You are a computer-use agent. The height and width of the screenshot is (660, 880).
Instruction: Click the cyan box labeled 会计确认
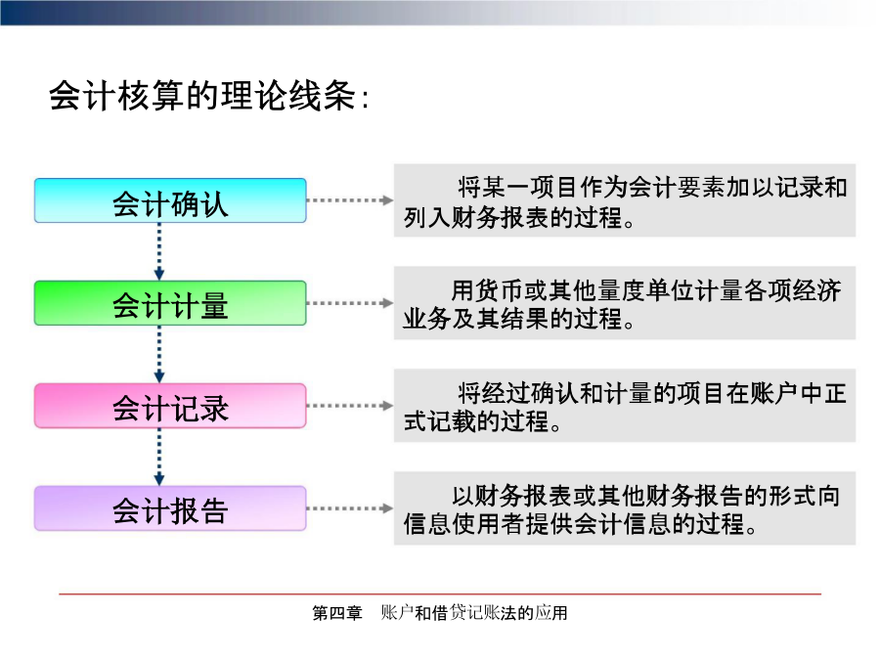[170, 200]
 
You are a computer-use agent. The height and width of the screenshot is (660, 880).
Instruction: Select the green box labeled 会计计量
[170, 303]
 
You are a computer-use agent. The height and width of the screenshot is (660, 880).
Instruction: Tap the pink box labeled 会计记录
[170, 406]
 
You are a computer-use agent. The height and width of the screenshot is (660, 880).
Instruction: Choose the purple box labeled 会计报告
[170, 508]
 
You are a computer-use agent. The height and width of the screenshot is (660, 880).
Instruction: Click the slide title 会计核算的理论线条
[209, 96]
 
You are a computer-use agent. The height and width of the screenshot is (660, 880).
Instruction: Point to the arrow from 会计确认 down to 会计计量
[159, 251]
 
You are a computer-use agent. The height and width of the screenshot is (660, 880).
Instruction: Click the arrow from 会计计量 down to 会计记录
[159, 354]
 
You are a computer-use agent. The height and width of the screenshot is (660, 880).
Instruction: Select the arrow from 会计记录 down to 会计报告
[159, 457]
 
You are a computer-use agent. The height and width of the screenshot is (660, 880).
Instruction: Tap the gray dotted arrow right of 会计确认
[350, 200]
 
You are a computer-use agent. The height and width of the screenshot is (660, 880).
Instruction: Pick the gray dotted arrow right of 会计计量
[350, 303]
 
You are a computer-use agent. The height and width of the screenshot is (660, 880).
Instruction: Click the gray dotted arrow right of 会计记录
[350, 406]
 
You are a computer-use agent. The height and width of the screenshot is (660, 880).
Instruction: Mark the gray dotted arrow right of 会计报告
[350, 508]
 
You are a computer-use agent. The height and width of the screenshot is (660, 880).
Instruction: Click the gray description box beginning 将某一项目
[625, 200]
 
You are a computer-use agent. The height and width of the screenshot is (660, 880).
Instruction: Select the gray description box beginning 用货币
[625, 303]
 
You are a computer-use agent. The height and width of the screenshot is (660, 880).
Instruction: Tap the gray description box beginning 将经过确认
[625, 406]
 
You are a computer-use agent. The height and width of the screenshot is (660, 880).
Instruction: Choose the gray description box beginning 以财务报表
[625, 508]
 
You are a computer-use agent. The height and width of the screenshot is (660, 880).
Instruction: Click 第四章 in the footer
[337, 613]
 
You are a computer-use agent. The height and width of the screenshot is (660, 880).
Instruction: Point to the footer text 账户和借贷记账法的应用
[474, 613]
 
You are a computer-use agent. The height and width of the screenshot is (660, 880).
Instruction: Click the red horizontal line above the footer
[440, 594]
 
